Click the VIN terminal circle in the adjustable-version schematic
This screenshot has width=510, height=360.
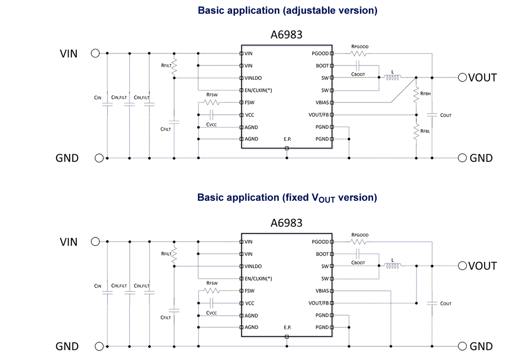pyautogui.click(x=95, y=53)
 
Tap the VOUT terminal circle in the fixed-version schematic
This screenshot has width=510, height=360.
pyautogui.click(x=462, y=266)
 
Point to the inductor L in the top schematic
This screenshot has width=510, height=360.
pyautogui.click(x=392, y=78)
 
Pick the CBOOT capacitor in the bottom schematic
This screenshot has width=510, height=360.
pyautogui.click(x=357, y=254)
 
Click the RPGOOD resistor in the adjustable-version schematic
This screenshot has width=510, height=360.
pyautogui.click(x=358, y=54)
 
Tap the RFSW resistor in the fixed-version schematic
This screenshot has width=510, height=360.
pyautogui.click(x=211, y=291)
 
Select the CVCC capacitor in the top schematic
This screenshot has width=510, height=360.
pyautogui.click(x=211, y=115)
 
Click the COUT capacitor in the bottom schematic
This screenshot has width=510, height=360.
pyautogui.click(x=432, y=303)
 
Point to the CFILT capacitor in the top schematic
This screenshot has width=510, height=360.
pyautogui.click(x=174, y=122)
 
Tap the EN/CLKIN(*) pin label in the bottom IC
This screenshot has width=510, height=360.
pyautogui.click(x=258, y=279)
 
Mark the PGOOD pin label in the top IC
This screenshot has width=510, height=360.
pyautogui.click(x=320, y=54)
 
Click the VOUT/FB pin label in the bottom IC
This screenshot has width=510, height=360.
pyautogui.click(x=318, y=303)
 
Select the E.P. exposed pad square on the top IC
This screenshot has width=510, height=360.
pyautogui.click(x=286, y=148)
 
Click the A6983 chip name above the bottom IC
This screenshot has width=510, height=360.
pyautogui.click(x=286, y=223)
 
